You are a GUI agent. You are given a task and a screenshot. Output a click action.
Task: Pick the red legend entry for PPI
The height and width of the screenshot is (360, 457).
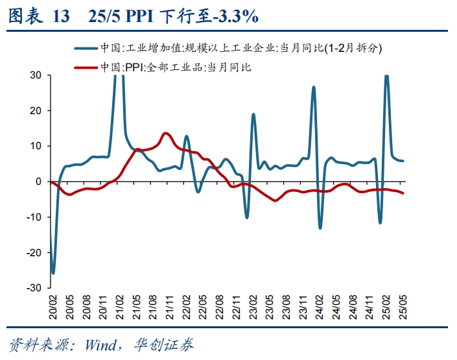(x=175, y=67)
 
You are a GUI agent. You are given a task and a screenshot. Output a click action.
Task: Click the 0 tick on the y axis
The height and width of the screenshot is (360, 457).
(x=39, y=182)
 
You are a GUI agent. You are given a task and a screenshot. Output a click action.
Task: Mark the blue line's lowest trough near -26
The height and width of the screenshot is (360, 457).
(x=53, y=273)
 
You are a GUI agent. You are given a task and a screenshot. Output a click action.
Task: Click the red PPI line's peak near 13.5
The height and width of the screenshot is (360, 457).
(x=165, y=134)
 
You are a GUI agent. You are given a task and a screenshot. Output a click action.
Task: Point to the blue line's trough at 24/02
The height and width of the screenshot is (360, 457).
(x=320, y=228)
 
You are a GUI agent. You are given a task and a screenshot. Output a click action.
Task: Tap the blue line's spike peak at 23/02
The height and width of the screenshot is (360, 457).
(x=253, y=115)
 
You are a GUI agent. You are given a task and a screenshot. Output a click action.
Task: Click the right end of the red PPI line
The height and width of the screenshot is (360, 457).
(x=403, y=193)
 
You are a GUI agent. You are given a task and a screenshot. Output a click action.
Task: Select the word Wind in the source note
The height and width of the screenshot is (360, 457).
(x=97, y=344)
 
